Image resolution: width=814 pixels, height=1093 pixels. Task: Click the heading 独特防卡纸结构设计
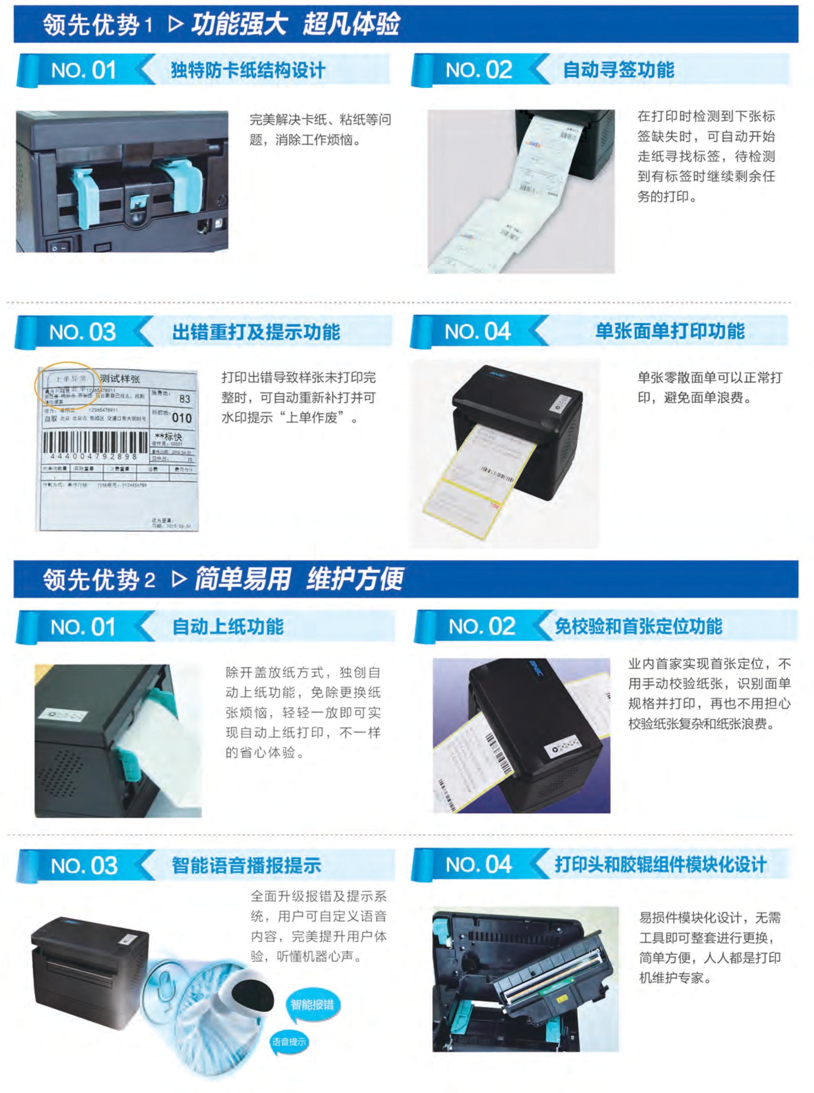point(248,70)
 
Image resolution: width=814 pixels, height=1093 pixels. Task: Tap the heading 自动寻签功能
point(618,69)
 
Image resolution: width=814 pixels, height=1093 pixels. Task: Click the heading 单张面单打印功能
point(670,331)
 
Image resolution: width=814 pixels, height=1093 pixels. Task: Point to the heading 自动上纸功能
point(228,626)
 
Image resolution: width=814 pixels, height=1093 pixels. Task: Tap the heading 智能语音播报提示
point(246,865)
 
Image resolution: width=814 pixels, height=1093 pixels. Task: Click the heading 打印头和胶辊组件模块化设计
point(660,864)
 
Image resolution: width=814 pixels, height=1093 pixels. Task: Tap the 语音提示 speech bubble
point(289,1041)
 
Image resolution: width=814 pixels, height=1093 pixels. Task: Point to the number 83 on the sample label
point(185,399)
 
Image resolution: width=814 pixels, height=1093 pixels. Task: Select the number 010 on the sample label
point(182,418)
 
